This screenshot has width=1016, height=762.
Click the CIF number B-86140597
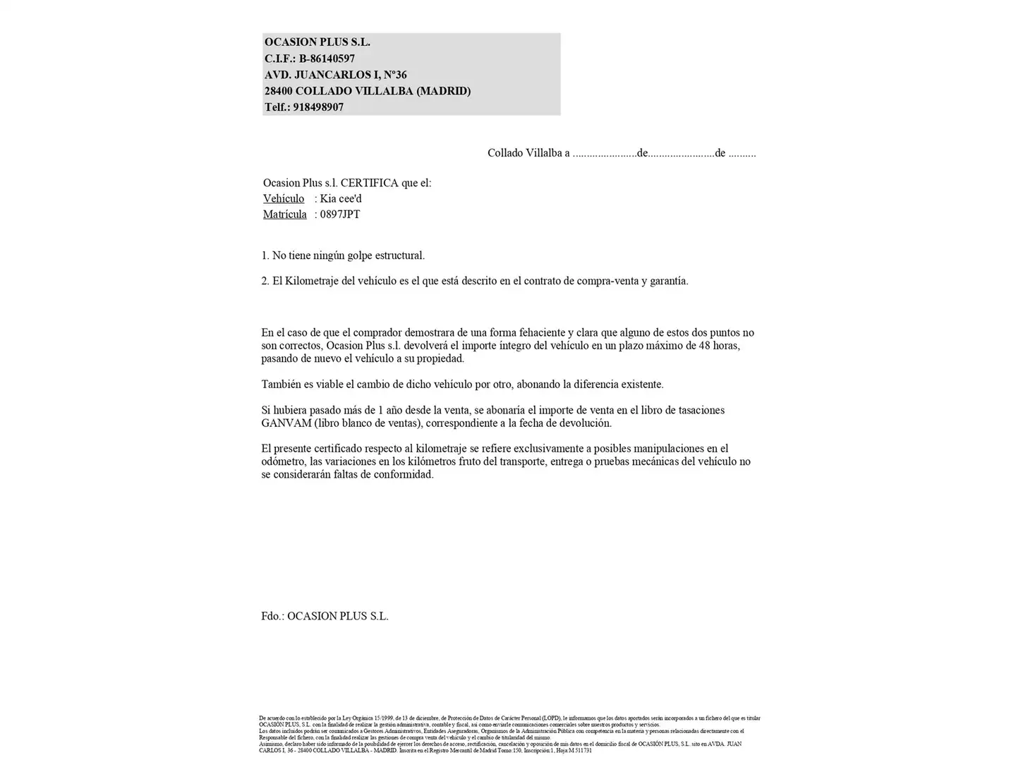coord(327,59)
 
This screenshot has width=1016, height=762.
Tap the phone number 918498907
coord(318,107)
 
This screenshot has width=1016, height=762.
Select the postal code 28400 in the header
coord(278,91)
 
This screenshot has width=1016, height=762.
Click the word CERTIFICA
coord(369,183)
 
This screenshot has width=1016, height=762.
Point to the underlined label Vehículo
coord(284,198)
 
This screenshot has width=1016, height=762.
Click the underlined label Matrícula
coord(285,214)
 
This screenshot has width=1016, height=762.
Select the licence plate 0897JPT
coord(340,214)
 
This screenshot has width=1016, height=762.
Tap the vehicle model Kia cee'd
coord(341,198)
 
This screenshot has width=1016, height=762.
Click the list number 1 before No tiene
coord(265,255)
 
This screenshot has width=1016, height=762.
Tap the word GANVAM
coord(282,423)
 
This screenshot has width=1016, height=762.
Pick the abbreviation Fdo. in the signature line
coord(272,616)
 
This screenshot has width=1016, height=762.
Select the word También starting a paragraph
coord(282,385)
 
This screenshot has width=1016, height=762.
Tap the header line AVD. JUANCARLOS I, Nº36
coord(335,75)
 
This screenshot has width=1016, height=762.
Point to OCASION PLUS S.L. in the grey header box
coord(317,42)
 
